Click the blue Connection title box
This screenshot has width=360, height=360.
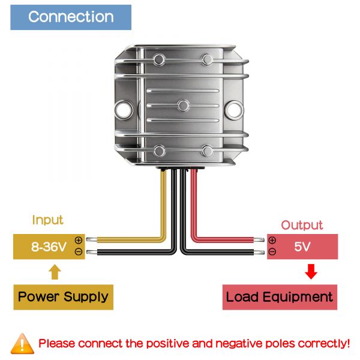coord(71,17)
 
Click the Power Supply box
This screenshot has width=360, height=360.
coord(63,296)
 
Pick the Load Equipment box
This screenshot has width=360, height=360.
coord(279,296)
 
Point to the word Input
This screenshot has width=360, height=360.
coord(47,220)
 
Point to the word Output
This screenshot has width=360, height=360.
coord(302,226)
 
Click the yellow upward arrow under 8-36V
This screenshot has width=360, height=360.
coord(55,273)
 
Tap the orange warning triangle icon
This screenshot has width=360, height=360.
coord(23,343)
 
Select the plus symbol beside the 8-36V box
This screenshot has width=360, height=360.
coord(78,240)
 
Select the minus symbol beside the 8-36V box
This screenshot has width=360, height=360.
coord(78,252)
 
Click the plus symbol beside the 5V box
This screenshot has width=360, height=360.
coord(272,241)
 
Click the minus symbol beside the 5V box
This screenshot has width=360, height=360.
coord(272,252)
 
